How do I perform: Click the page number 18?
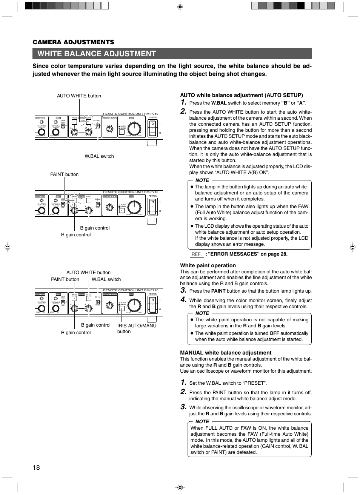click(x=36, y=467)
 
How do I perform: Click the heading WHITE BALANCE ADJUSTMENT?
click(x=97, y=54)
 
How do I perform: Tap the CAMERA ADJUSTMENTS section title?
click(x=73, y=42)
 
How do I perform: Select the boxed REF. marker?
click(x=197, y=254)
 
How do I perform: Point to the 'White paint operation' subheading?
click(x=208, y=265)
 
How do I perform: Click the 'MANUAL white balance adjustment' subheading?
click(x=226, y=353)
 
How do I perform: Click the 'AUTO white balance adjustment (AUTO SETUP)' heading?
click(x=242, y=95)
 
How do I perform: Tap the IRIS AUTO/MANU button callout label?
click(x=137, y=328)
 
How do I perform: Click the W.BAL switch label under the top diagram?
click(x=99, y=156)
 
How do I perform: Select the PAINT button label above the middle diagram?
click(x=65, y=174)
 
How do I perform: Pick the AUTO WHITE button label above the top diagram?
click(x=79, y=96)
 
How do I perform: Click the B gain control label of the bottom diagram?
click(x=96, y=325)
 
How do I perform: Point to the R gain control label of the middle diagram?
click(x=76, y=235)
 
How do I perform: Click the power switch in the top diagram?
click(x=152, y=129)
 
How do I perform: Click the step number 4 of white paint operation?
click(x=183, y=300)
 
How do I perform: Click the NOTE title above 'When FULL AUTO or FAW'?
click(x=202, y=421)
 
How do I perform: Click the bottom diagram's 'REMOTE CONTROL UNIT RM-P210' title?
click(x=131, y=290)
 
